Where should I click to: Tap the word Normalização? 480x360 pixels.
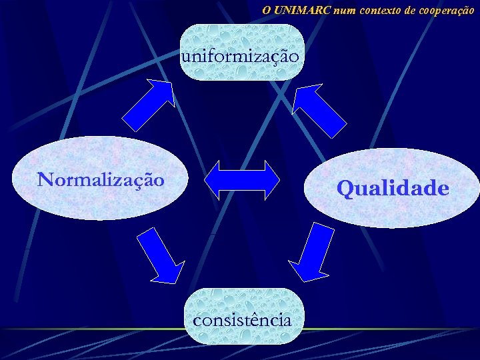coord(101,179)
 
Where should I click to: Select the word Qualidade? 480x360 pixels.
coord(393,189)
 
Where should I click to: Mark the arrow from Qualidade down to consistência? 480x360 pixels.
coord(314,253)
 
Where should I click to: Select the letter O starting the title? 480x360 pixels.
coord(266,10)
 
